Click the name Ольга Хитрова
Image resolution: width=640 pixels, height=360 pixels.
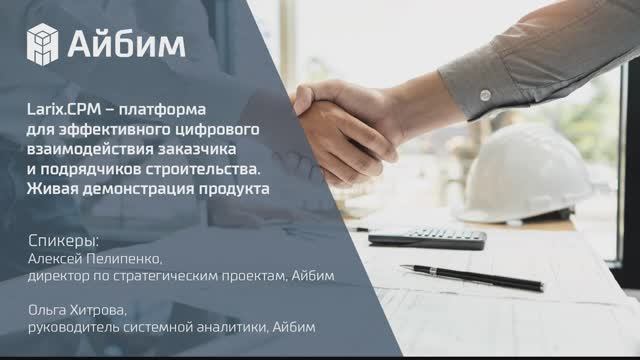[x=77, y=311]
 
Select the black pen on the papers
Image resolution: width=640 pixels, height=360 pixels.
[x=471, y=276]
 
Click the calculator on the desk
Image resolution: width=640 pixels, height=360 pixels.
[x=427, y=236]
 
